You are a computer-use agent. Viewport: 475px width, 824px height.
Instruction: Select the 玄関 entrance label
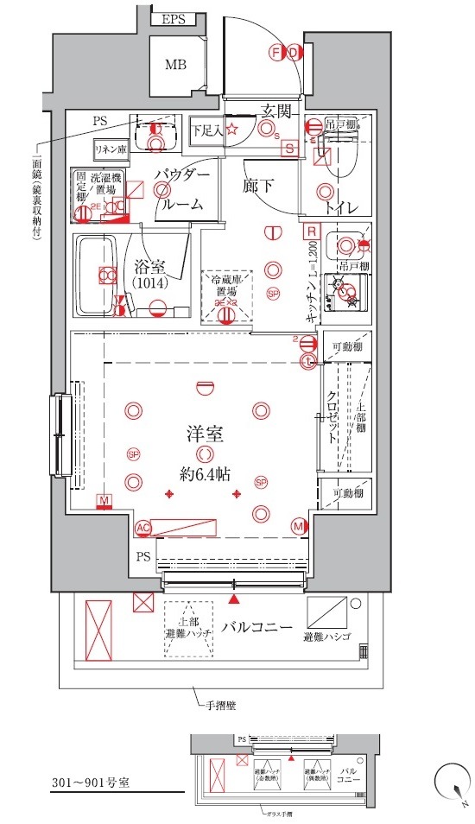[x=275, y=111]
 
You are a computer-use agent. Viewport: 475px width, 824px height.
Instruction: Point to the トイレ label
[x=342, y=207]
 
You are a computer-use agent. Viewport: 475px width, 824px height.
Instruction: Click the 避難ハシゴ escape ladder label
[x=327, y=637]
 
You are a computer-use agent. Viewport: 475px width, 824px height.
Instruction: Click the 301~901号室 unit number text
[x=91, y=783]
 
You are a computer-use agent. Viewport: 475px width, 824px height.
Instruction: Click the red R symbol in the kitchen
[x=309, y=231]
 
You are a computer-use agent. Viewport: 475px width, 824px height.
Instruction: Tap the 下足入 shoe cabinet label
[x=207, y=130]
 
